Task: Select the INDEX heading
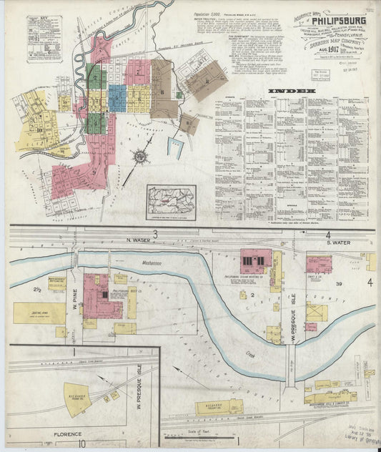(x=290, y=92)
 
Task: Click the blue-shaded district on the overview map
(x=117, y=96)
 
